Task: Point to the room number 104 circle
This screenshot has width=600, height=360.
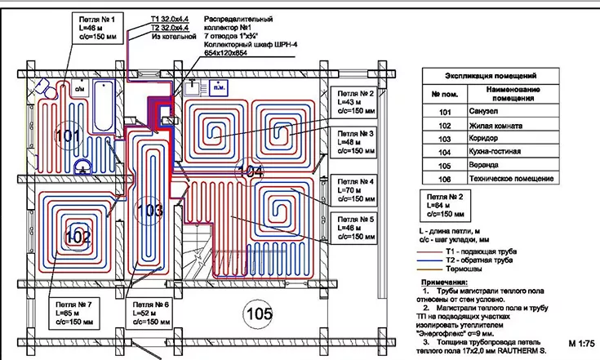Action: [x=251, y=172]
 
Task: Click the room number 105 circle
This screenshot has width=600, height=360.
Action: [x=260, y=312]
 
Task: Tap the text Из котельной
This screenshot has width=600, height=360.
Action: [x=168, y=37]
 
